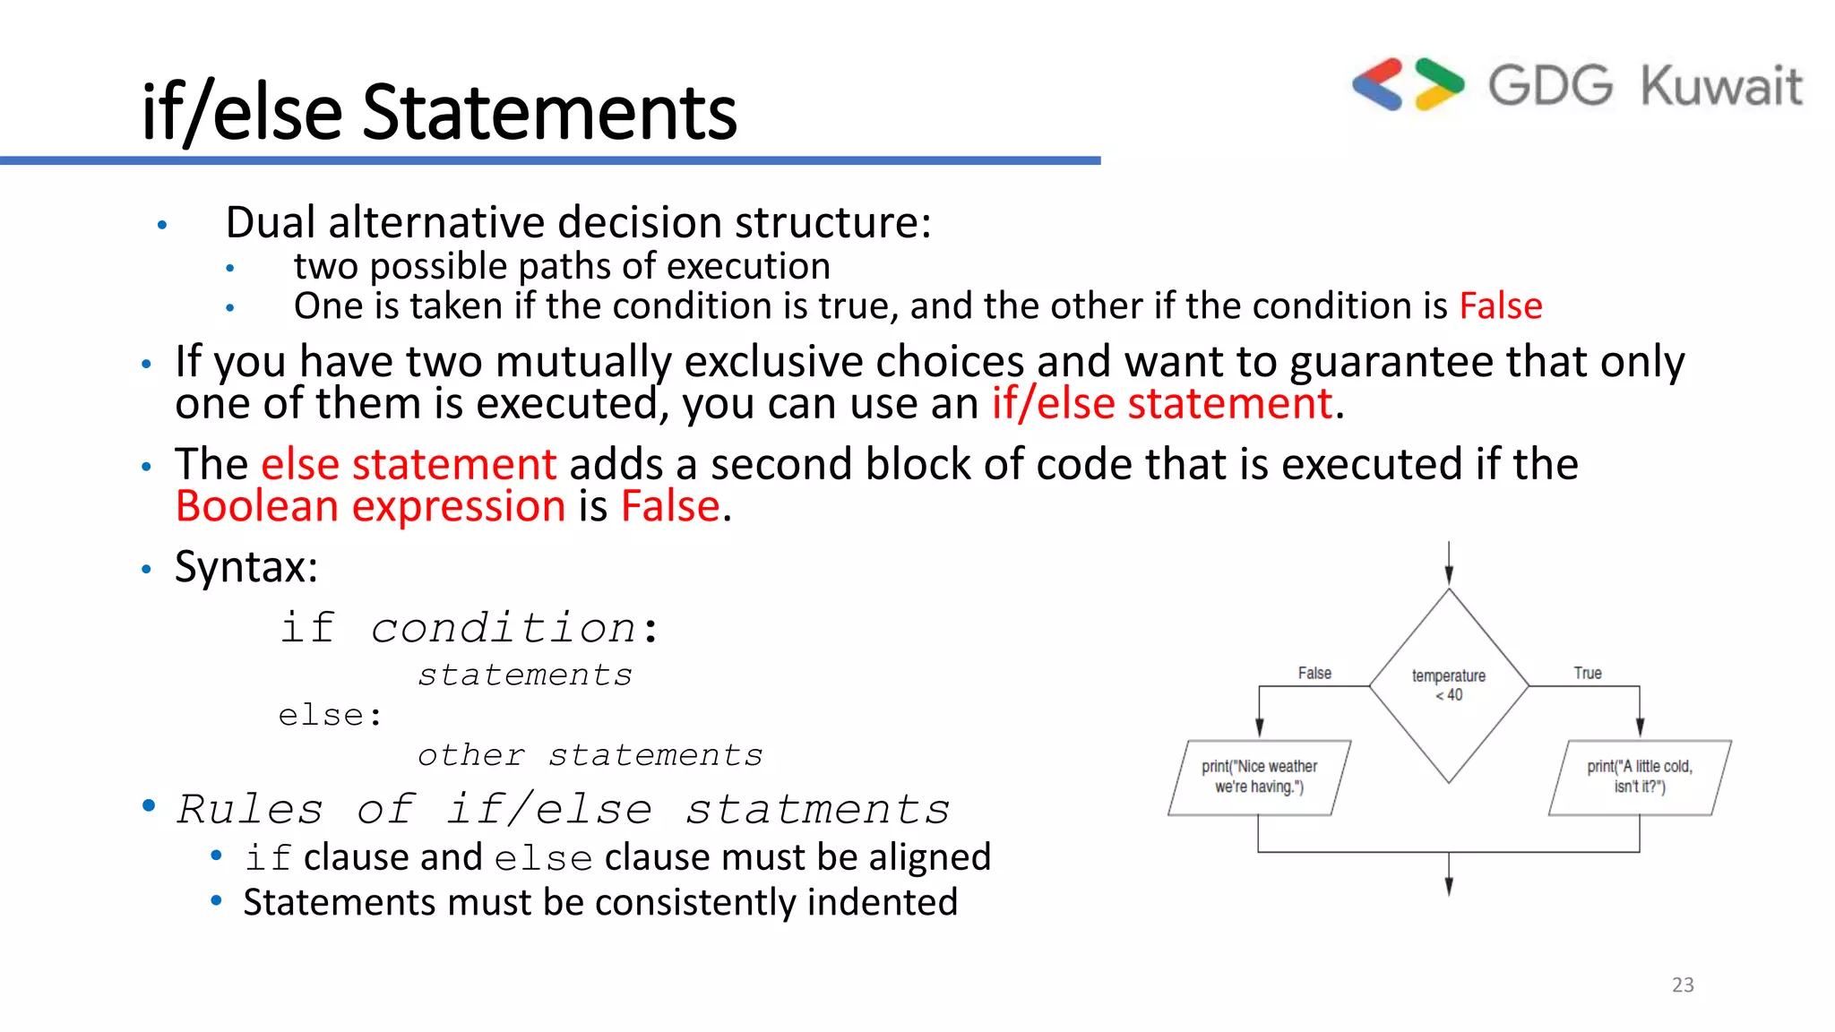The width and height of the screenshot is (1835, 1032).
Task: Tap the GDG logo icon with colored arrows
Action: [1408, 85]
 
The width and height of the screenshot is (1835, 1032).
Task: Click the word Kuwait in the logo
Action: [1720, 87]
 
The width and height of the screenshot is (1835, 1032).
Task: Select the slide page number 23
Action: [1683, 985]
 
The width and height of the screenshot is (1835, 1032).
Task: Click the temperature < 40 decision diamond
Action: [1449, 685]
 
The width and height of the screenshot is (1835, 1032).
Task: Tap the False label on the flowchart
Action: [1314, 673]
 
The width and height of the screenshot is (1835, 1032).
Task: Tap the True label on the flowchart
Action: [1588, 673]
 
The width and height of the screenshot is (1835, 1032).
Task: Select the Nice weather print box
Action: [1259, 777]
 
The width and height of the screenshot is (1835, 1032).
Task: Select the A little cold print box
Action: [1640, 777]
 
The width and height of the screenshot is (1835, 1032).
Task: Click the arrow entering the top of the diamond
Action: [1449, 564]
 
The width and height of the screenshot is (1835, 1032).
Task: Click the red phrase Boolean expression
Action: [370, 506]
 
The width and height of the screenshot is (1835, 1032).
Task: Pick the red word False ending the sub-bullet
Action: [1501, 306]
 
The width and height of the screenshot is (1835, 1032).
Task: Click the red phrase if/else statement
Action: [1162, 403]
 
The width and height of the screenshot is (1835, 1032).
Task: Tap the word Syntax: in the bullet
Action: [246, 567]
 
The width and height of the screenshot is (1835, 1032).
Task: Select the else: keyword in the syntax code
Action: [330, 716]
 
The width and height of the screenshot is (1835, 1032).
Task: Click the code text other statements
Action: [590, 755]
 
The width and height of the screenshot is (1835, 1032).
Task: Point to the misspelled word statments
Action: [817, 810]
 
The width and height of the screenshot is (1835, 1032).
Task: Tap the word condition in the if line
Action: [504, 628]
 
